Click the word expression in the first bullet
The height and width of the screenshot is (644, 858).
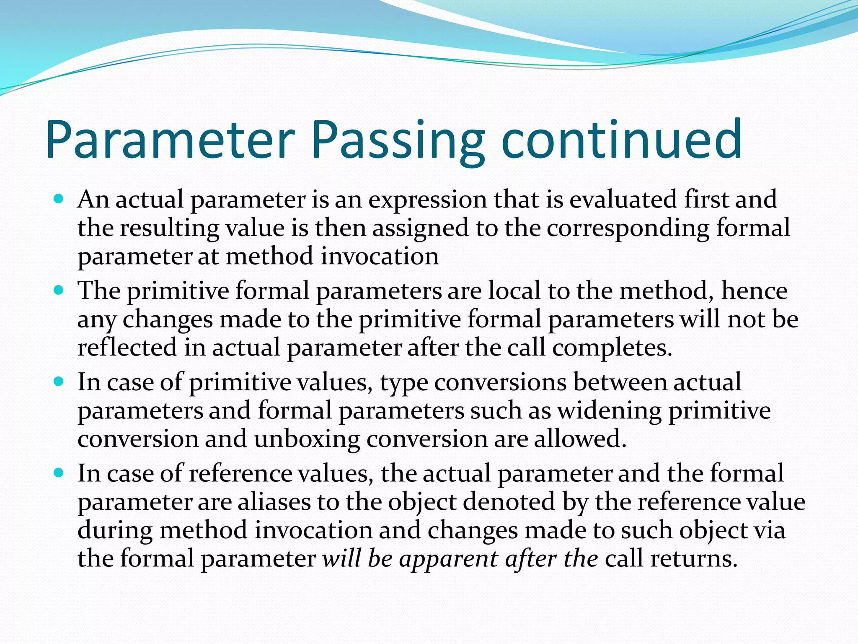[427, 200]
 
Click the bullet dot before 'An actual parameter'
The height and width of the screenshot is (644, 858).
[59, 198]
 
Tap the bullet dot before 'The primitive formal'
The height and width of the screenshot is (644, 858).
[59, 289]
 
